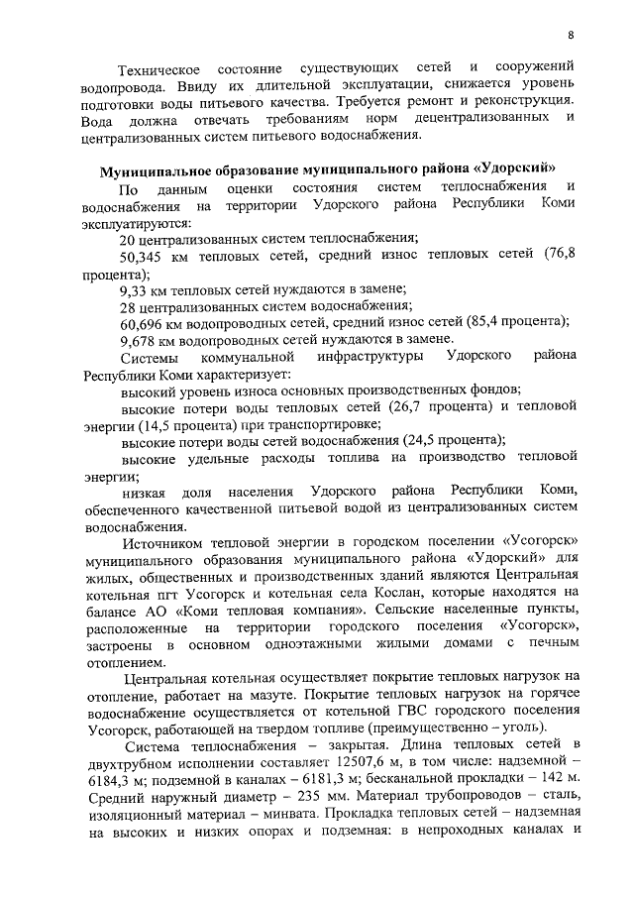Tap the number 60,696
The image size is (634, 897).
[x=144, y=322]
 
